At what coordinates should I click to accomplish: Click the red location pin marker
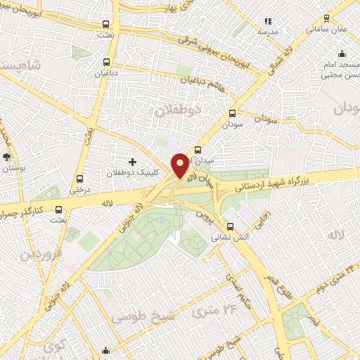tap(180, 165)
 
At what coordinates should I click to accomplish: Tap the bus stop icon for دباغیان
tap(106, 61)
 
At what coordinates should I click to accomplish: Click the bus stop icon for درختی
tap(79, 178)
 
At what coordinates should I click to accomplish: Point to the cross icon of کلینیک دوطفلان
tap(132, 162)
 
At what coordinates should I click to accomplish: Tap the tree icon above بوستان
tap(7, 157)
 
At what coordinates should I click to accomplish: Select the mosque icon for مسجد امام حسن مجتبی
tap(342, 54)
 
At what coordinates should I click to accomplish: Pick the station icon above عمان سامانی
tap(326, 19)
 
